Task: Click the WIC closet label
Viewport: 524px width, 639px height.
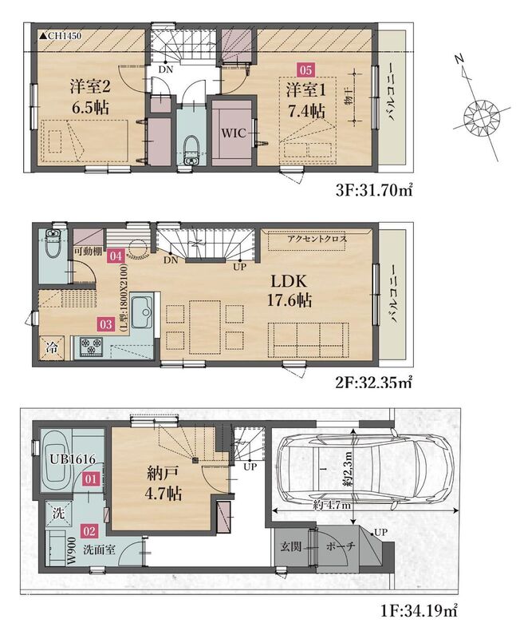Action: [x=234, y=133]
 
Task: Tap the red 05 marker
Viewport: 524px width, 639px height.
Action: [x=305, y=70]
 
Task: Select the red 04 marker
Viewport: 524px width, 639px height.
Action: [x=116, y=256]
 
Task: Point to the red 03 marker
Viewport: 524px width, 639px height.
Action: [x=105, y=324]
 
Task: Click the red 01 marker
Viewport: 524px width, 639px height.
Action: [x=90, y=478]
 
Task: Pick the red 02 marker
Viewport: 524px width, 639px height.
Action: [x=89, y=531]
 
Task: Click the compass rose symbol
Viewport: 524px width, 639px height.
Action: [x=481, y=116]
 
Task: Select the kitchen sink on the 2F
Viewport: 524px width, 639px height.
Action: [x=142, y=312]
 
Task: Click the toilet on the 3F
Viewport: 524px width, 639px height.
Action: [x=191, y=150]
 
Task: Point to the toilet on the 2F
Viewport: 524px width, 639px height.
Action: [x=52, y=244]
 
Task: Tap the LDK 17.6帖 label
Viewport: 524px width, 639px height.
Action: [x=289, y=291]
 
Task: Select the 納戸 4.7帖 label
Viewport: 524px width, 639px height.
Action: [x=164, y=484]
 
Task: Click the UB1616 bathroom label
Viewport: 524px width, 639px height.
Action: [x=73, y=460]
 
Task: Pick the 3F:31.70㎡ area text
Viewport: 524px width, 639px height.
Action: [x=374, y=190]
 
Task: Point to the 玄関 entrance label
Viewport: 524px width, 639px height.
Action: [x=291, y=546]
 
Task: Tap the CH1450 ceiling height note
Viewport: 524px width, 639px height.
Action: [x=60, y=36]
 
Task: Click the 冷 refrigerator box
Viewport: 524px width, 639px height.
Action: [x=52, y=348]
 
